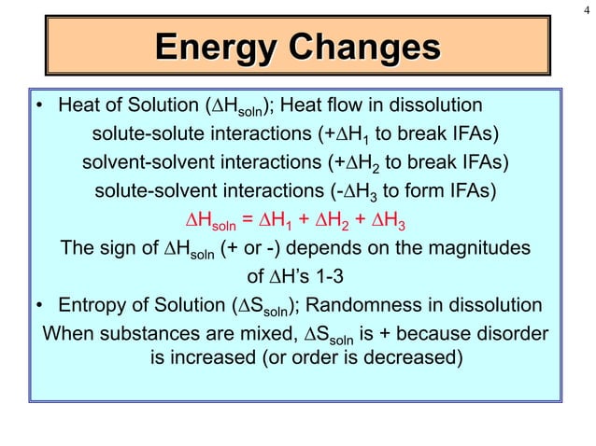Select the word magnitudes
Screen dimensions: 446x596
pos(481,249)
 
